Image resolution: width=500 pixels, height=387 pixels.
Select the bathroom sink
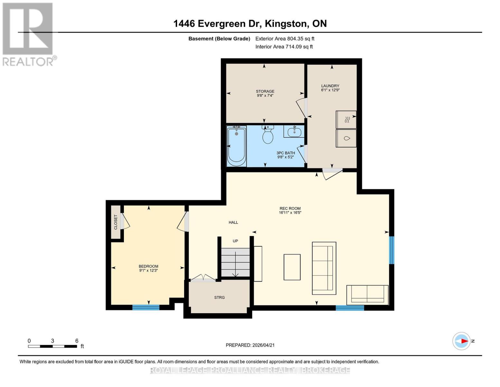tap(294, 132)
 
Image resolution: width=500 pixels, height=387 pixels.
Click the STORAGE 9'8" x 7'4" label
tap(265, 93)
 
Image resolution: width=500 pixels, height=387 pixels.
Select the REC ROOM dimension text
tap(290, 213)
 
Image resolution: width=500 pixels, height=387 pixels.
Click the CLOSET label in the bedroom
tap(116, 222)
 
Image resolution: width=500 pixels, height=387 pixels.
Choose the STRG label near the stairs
tap(219, 297)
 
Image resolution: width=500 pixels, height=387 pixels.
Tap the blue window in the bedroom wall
tap(146, 307)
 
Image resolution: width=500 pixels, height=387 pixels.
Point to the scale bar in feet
tap(52, 346)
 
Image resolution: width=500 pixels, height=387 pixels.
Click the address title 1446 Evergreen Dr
tap(250, 24)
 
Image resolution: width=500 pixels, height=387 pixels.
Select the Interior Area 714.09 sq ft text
tap(284, 47)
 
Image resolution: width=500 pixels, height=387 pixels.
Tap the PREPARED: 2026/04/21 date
tap(250, 345)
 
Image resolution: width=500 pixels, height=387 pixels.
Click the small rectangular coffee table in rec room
tap(292, 267)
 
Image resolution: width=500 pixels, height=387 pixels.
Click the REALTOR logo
tap(28, 34)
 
